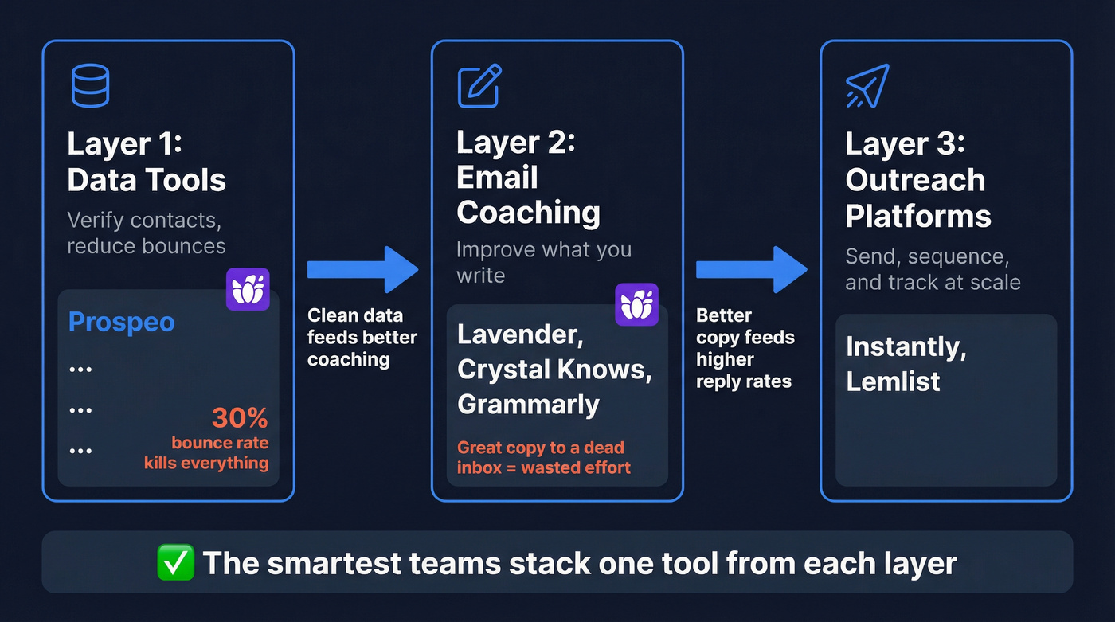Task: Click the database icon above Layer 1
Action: (90, 85)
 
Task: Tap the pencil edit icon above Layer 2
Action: (479, 86)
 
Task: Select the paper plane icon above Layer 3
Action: (867, 86)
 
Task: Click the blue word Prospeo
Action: (121, 322)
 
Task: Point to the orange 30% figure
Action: (239, 418)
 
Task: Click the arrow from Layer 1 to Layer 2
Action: (362, 269)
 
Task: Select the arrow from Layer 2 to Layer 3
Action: (751, 269)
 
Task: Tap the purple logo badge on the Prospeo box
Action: (248, 289)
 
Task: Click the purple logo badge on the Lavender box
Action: (636, 304)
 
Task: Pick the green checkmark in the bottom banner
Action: (176, 563)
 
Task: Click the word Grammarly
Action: (528, 405)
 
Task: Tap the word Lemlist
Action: (893, 381)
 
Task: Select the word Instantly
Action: (906, 347)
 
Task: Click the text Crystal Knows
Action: (554, 370)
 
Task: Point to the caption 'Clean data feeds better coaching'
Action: (362, 337)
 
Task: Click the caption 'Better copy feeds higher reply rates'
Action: (745, 348)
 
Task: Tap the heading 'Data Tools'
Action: (147, 181)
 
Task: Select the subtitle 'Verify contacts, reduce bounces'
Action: (146, 233)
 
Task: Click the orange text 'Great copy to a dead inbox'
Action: (541, 448)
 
